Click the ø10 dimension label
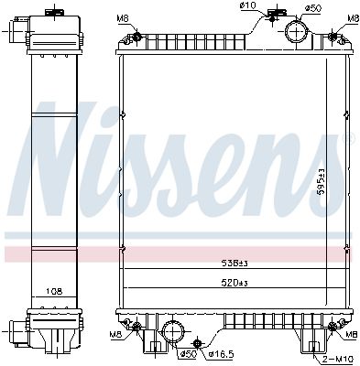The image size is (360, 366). [248, 5]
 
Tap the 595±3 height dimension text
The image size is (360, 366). [321, 182]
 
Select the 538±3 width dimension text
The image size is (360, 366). [235, 264]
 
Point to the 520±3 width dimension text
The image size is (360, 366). [235, 283]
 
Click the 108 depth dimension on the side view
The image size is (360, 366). [54, 291]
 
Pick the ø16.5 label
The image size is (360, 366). [221, 354]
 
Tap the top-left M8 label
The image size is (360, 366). [123, 19]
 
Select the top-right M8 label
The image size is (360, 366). [354, 18]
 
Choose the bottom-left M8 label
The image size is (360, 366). [115, 335]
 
